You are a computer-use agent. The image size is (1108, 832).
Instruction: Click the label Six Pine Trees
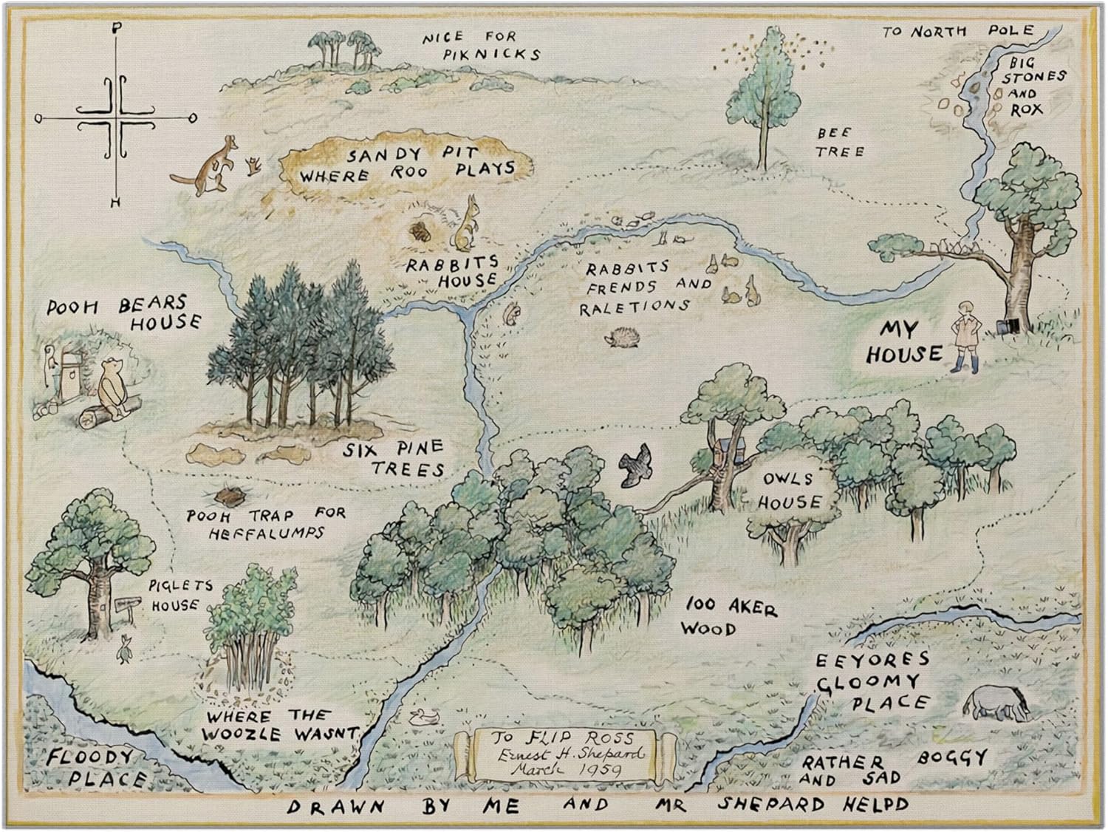[x=395, y=457]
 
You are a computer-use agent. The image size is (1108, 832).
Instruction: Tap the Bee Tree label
[x=838, y=142]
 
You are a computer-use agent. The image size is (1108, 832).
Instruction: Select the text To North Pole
[x=957, y=32]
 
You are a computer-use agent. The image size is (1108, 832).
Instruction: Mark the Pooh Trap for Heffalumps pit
[x=226, y=494]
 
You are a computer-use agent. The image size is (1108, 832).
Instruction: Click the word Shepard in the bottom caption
[x=762, y=804]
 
